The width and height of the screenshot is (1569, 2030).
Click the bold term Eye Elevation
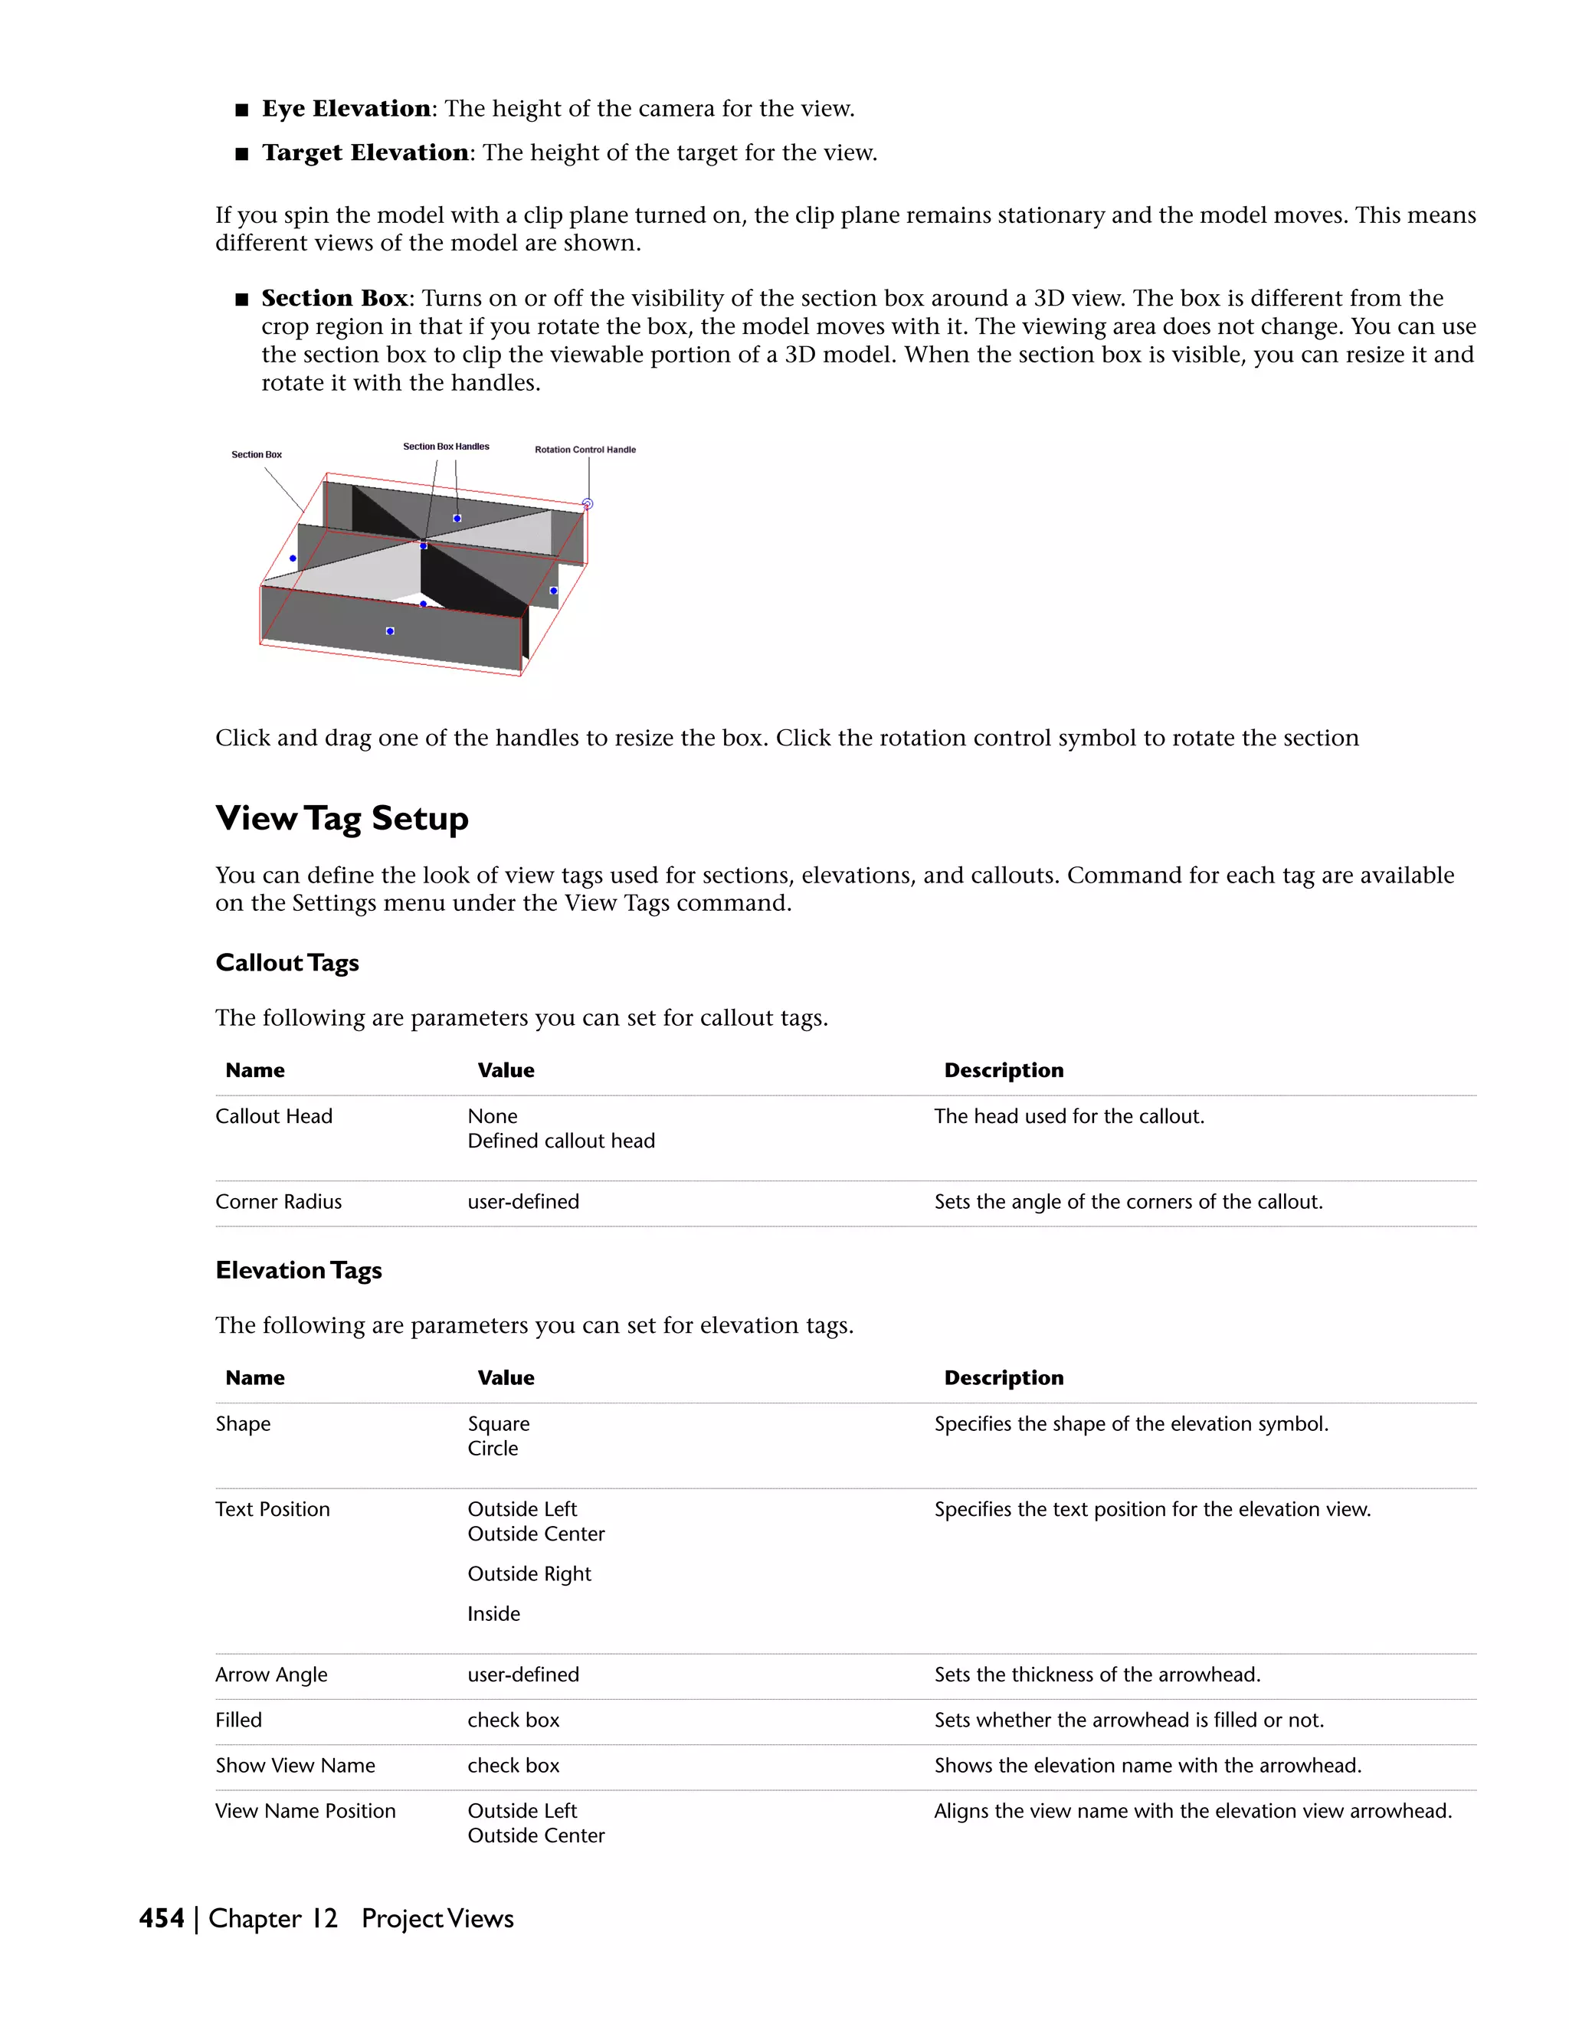click(346, 109)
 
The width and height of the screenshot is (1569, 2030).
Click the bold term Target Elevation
click(365, 152)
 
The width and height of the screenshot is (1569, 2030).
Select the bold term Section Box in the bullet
click(335, 298)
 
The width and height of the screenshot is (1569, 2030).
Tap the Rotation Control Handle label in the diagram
click(585, 450)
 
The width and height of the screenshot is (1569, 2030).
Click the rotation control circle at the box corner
click(588, 504)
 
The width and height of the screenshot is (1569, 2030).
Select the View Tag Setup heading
click(341, 819)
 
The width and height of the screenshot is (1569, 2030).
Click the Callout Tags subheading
click(287, 963)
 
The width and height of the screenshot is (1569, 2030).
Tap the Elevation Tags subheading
click(298, 1271)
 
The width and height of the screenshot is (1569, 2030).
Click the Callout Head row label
click(274, 1116)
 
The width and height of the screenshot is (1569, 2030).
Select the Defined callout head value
click(561, 1141)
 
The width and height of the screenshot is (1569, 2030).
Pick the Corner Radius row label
click(278, 1202)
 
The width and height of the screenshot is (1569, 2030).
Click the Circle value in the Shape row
click(493, 1449)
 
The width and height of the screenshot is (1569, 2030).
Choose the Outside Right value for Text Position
click(529, 1574)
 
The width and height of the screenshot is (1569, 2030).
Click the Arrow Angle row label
click(270, 1675)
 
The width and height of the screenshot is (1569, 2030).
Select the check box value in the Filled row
click(513, 1721)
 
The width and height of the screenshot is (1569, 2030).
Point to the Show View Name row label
click(295, 1766)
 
